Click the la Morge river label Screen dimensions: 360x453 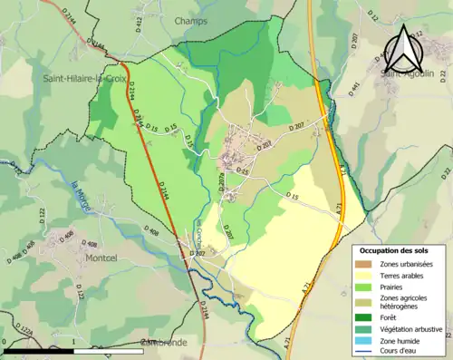[78, 196]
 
